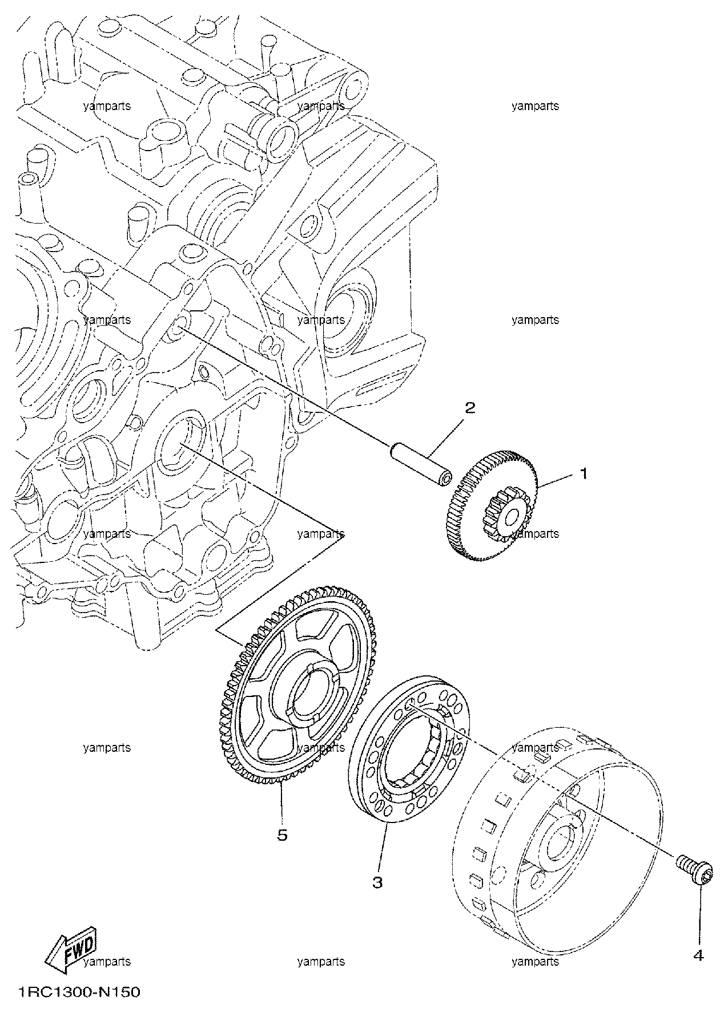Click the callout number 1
pyautogui.click(x=584, y=473)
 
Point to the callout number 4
pyautogui.click(x=699, y=955)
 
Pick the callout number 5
pyautogui.click(x=282, y=835)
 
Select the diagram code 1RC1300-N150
pyautogui.click(x=79, y=993)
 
